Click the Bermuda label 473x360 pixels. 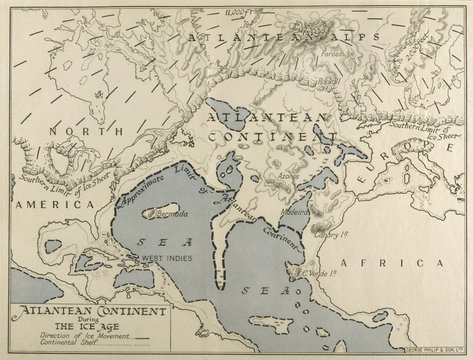click(163, 215)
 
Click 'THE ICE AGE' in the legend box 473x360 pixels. click(64, 326)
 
